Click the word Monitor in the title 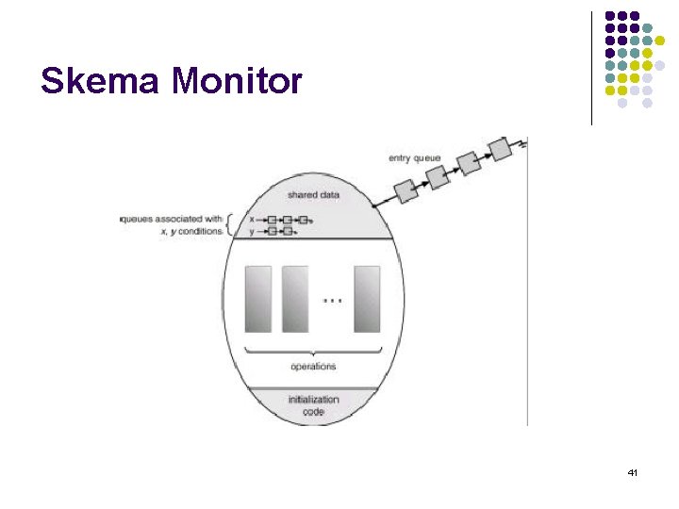(237, 81)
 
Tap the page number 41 (633, 471)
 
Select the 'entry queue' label (414, 157)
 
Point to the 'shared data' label (315, 195)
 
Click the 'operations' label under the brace (314, 366)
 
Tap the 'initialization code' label (314, 405)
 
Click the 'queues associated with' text (172, 219)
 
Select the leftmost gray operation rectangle (258, 299)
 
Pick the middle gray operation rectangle (295, 299)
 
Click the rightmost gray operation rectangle (367, 299)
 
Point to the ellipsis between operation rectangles (331, 300)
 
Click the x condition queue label (251, 219)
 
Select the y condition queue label (251, 230)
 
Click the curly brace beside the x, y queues (233, 224)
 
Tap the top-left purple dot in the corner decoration (610, 16)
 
